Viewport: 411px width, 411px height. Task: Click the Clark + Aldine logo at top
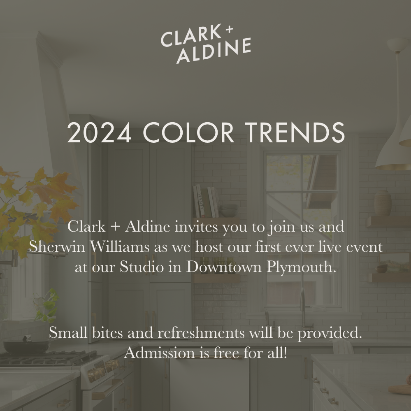206,44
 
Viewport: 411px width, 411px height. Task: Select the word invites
195,227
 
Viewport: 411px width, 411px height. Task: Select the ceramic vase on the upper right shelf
383,203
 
